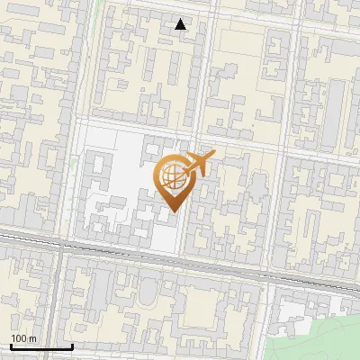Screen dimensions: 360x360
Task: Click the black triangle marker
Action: click(x=181, y=24)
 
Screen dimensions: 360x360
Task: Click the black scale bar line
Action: click(x=41, y=346)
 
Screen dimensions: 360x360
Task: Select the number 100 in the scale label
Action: click(x=20, y=338)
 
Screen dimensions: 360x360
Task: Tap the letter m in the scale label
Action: click(x=33, y=339)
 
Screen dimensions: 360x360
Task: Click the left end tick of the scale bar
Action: click(x=11, y=345)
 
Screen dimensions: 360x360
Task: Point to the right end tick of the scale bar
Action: click(x=72, y=345)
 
